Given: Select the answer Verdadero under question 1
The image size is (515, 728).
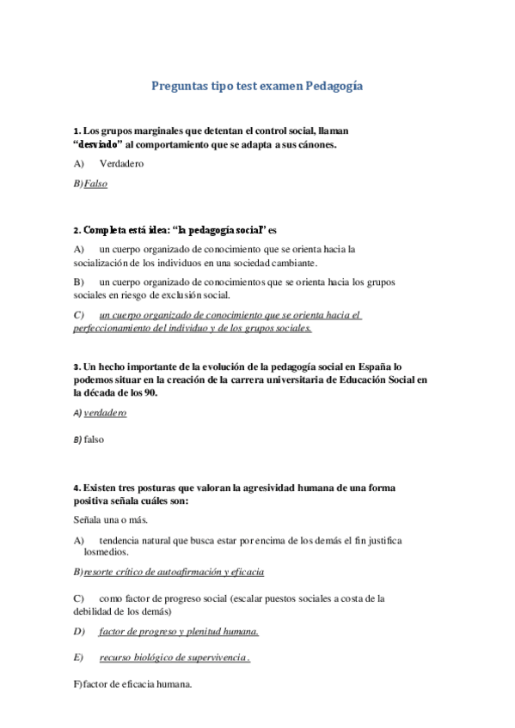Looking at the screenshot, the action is pyautogui.click(x=121, y=163).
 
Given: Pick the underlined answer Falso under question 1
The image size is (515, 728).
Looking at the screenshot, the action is pyautogui.click(x=95, y=183).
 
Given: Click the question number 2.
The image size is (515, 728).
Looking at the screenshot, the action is pyautogui.click(x=76, y=230).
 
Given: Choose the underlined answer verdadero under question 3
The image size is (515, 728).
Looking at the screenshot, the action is pyautogui.click(x=105, y=413).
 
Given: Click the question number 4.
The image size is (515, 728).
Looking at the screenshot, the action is pyautogui.click(x=76, y=488).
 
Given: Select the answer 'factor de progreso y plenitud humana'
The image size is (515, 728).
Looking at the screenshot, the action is pyautogui.click(x=179, y=631).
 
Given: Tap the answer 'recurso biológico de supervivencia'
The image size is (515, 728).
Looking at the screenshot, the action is pyautogui.click(x=174, y=658).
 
